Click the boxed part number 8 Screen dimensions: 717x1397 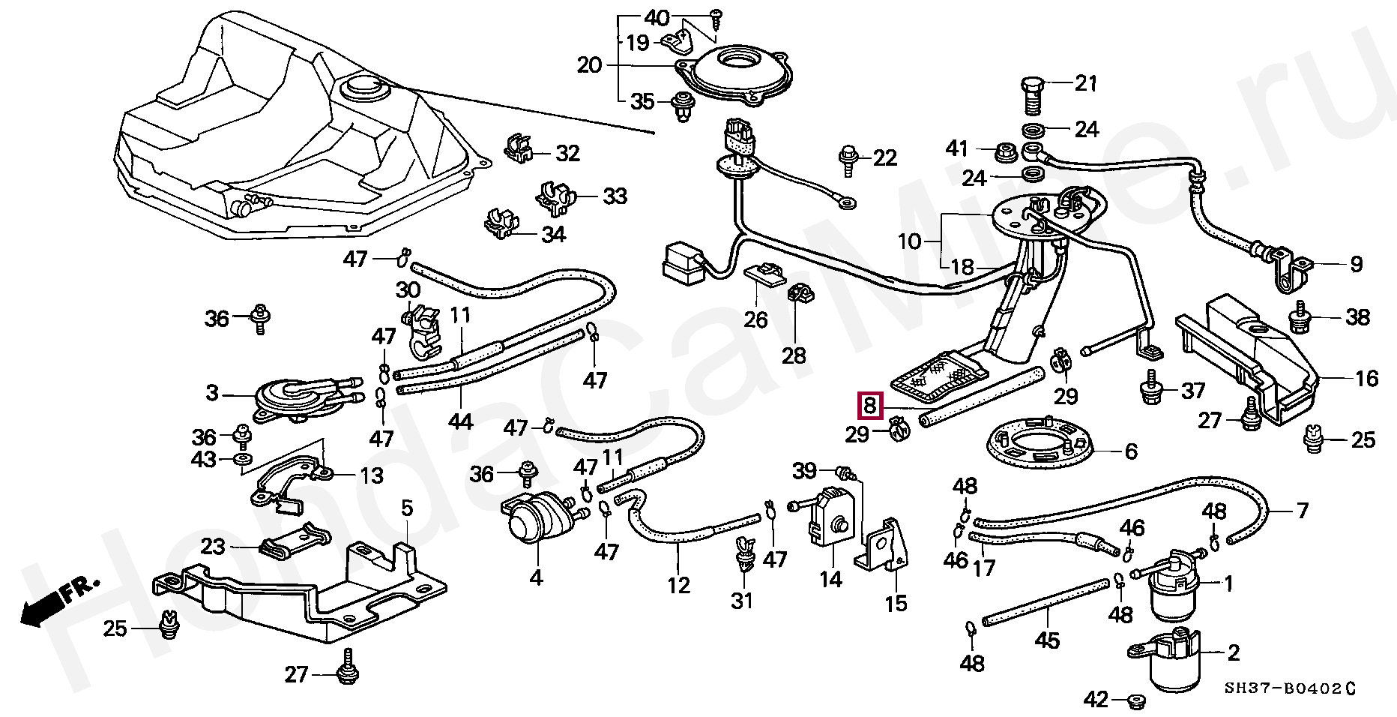point(869,406)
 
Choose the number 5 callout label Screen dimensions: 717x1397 point(406,508)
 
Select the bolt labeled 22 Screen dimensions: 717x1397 point(848,160)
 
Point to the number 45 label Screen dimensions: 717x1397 point(1047,640)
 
